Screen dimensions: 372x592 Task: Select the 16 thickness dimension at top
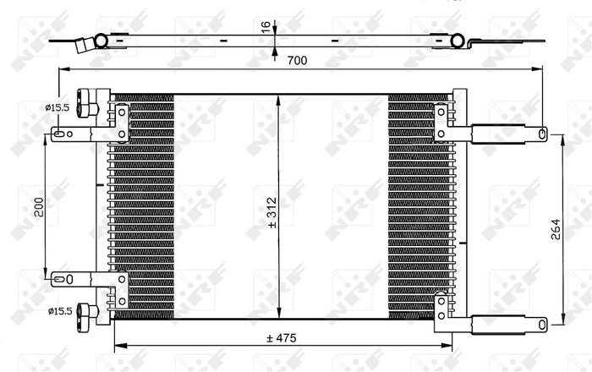coord(266,28)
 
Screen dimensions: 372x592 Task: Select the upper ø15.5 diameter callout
coord(58,106)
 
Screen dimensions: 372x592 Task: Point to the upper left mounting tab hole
coord(58,132)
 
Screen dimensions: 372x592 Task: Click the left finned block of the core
coord(142,207)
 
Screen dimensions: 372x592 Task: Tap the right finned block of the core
coord(420,207)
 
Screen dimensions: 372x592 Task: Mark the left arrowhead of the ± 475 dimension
coord(118,345)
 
